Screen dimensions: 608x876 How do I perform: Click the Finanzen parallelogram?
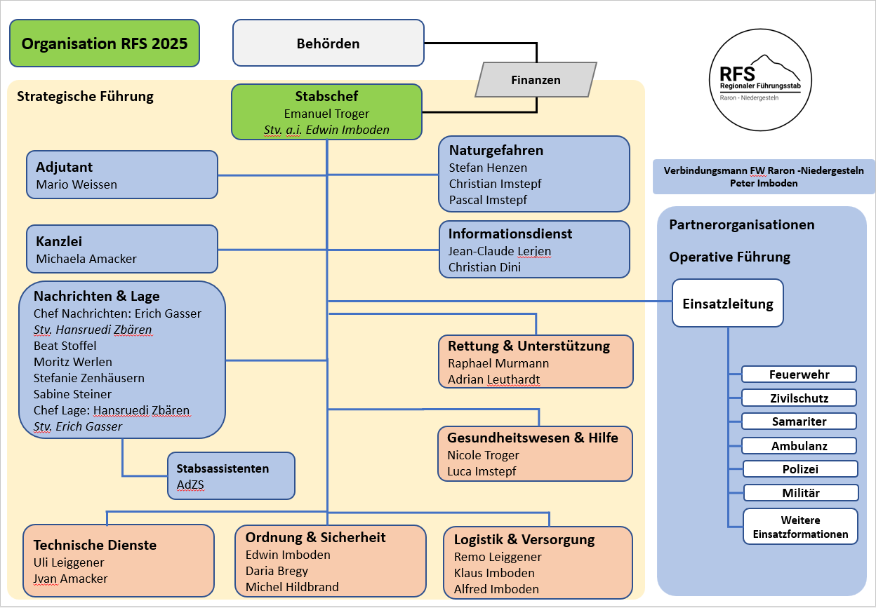[536, 79]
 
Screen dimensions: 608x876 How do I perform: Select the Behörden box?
[328, 43]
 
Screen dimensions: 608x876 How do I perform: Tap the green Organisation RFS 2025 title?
[105, 43]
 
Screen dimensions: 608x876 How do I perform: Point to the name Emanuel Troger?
[326, 113]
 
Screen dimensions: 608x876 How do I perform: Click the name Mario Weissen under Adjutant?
[77, 184]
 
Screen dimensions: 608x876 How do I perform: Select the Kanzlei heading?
[59, 241]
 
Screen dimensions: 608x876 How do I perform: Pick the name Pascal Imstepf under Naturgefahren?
[488, 200]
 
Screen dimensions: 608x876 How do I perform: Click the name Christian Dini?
[484, 267]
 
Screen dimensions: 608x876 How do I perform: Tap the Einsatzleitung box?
[727, 304]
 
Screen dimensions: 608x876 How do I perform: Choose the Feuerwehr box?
[799, 374]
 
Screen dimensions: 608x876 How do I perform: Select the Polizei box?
[800, 469]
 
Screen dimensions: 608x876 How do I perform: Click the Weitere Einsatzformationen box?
[800, 527]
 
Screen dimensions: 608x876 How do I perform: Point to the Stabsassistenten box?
[231, 475]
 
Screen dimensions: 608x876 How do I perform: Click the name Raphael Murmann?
[498, 363]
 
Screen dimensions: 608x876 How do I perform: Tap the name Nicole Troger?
[483, 455]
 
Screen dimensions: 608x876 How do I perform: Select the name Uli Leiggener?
[69, 562]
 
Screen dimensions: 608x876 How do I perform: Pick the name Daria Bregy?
[277, 571]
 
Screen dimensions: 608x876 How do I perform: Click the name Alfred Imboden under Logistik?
[496, 589]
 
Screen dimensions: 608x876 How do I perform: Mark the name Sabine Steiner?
[72, 394]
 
